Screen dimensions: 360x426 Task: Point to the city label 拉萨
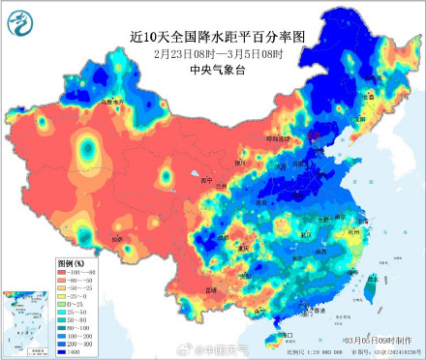pos(118,238)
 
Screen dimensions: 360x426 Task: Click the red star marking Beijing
pos(311,152)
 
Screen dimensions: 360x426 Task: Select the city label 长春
pos(367,98)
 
